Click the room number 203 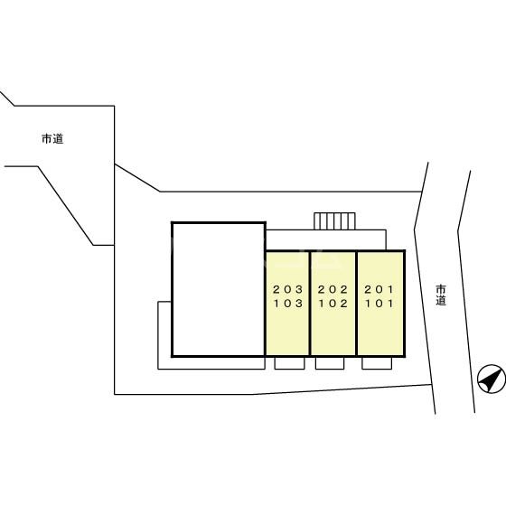288,289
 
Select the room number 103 288,304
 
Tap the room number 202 333,289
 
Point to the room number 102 333,304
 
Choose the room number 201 379,289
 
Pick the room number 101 379,304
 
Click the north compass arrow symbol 492,379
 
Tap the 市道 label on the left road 52,139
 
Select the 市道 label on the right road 441,295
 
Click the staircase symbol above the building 334,221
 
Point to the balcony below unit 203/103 289,363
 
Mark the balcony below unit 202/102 330,363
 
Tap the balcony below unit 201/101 377,363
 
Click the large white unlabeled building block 219,289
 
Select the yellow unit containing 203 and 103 287,304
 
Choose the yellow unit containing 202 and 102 333,304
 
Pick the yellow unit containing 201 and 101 380,304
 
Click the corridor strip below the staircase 326,239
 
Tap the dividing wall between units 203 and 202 310,304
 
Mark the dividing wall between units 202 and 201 357,304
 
